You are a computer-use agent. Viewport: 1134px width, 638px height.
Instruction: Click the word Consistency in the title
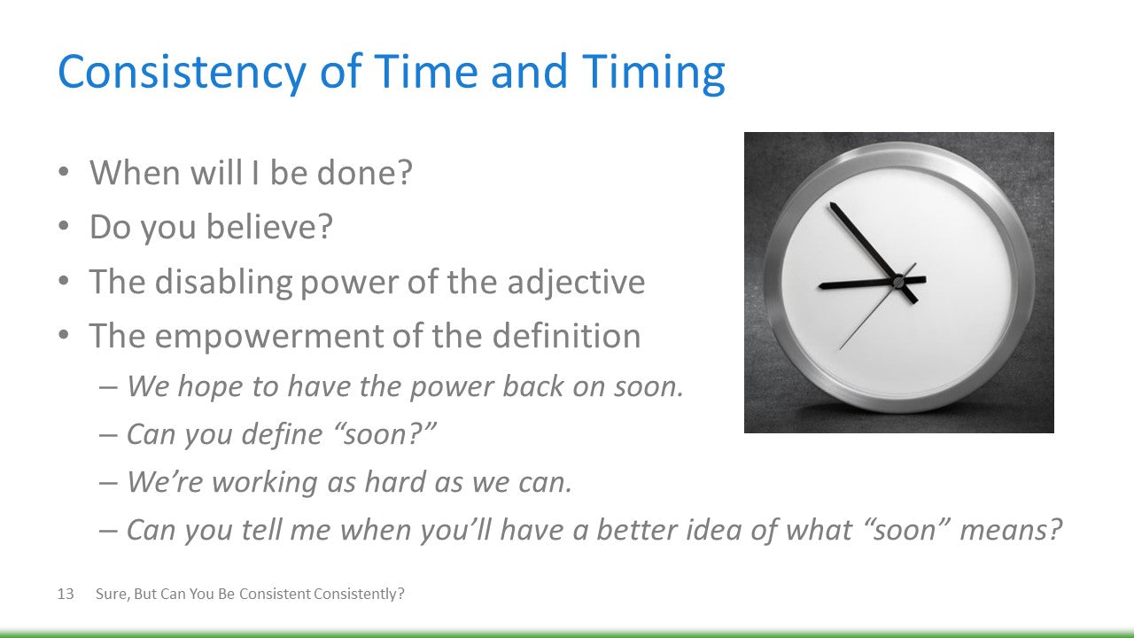pyautogui.click(x=183, y=73)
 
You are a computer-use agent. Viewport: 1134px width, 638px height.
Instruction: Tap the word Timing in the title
pyautogui.click(x=654, y=73)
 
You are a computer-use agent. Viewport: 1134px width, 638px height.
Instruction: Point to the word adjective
pyautogui.click(x=576, y=282)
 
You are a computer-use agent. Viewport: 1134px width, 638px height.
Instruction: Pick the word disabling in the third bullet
pyautogui.click(x=224, y=282)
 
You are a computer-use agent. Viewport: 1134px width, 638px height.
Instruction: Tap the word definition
pyautogui.click(x=566, y=335)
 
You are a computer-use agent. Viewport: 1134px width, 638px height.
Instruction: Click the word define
pyautogui.click(x=282, y=434)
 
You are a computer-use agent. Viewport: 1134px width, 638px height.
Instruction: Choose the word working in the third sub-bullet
pyautogui.click(x=265, y=482)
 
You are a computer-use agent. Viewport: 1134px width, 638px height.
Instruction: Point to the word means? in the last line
pyautogui.click(x=1011, y=530)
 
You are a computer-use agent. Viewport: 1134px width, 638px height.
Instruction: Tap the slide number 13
pyautogui.click(x=66, y=594)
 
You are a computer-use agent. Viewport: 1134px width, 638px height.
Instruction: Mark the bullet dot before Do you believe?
pyautogui.click(x=63, y=226)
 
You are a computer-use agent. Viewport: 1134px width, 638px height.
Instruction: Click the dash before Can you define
pyautogui.click(x=108, y=435)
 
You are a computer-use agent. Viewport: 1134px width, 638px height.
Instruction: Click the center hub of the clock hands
pyautogui.click(x=898, y=281)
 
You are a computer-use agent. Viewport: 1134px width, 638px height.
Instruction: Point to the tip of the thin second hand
pyautogui.click(x=839, y=350)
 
